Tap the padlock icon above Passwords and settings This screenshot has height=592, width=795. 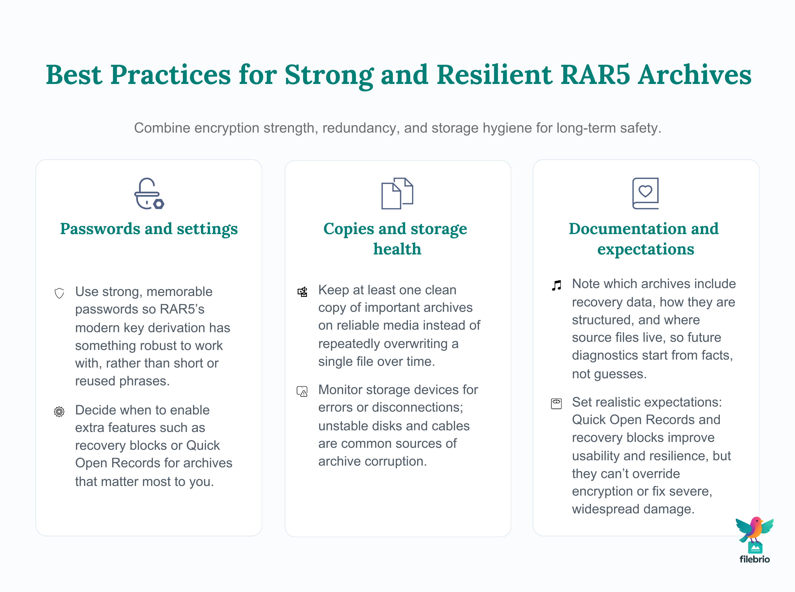pyautogui.click(x=149, y=193)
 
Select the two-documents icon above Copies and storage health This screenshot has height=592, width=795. pyautogui.click(x=397, y=193)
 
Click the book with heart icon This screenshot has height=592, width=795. pyautogui.click(x=645, y=193)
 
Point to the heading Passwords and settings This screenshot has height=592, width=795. pyautogui.click(x=149, y=229)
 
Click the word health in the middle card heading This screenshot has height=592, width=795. pyautogui.click(x=397, y=249)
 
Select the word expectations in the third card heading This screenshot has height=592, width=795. pyautogui.click(x=645, y=249)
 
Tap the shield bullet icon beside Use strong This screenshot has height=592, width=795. pyautogui.click(x=59, y=293)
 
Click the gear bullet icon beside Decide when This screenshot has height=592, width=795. pyautogui.click(x=59, y=412)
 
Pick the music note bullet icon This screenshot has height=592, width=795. pyautogui.click(x=556, y=285)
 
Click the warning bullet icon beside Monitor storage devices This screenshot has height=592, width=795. pyautogui.click(x=302, y=391)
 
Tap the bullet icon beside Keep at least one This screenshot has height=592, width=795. pyautogui.click(x=302, y=292)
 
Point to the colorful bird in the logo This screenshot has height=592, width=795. pyautogui.click(x=755, y=530)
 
